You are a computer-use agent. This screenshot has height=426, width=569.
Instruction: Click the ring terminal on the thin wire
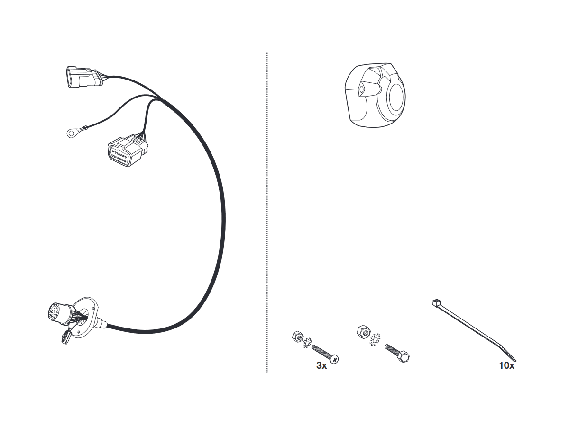(70, 133)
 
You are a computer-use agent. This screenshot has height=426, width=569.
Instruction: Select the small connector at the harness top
(85, 77)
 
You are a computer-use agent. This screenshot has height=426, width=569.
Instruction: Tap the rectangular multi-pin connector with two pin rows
(128, 151)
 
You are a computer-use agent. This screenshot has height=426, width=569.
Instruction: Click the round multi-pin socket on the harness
(58, 314)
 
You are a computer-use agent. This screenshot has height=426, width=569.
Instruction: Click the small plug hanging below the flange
(66, 337)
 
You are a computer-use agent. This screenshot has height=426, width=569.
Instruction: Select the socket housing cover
(375, 95)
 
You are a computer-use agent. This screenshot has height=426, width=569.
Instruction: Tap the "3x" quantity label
(321, 365)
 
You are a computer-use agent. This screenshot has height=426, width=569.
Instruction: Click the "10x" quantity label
(506, 365)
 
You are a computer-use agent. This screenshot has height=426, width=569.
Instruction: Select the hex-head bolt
(397, 353)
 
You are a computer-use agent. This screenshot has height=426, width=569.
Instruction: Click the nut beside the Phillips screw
(298, 337)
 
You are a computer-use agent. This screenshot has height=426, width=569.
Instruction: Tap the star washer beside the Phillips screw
(307, 343)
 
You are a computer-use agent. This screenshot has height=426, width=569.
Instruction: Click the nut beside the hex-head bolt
(364, 332)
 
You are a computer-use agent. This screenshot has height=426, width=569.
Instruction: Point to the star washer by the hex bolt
(375, 339)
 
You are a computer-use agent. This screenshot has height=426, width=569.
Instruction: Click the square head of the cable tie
(436, 302)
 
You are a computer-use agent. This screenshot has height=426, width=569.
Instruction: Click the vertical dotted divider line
(267, 213)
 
